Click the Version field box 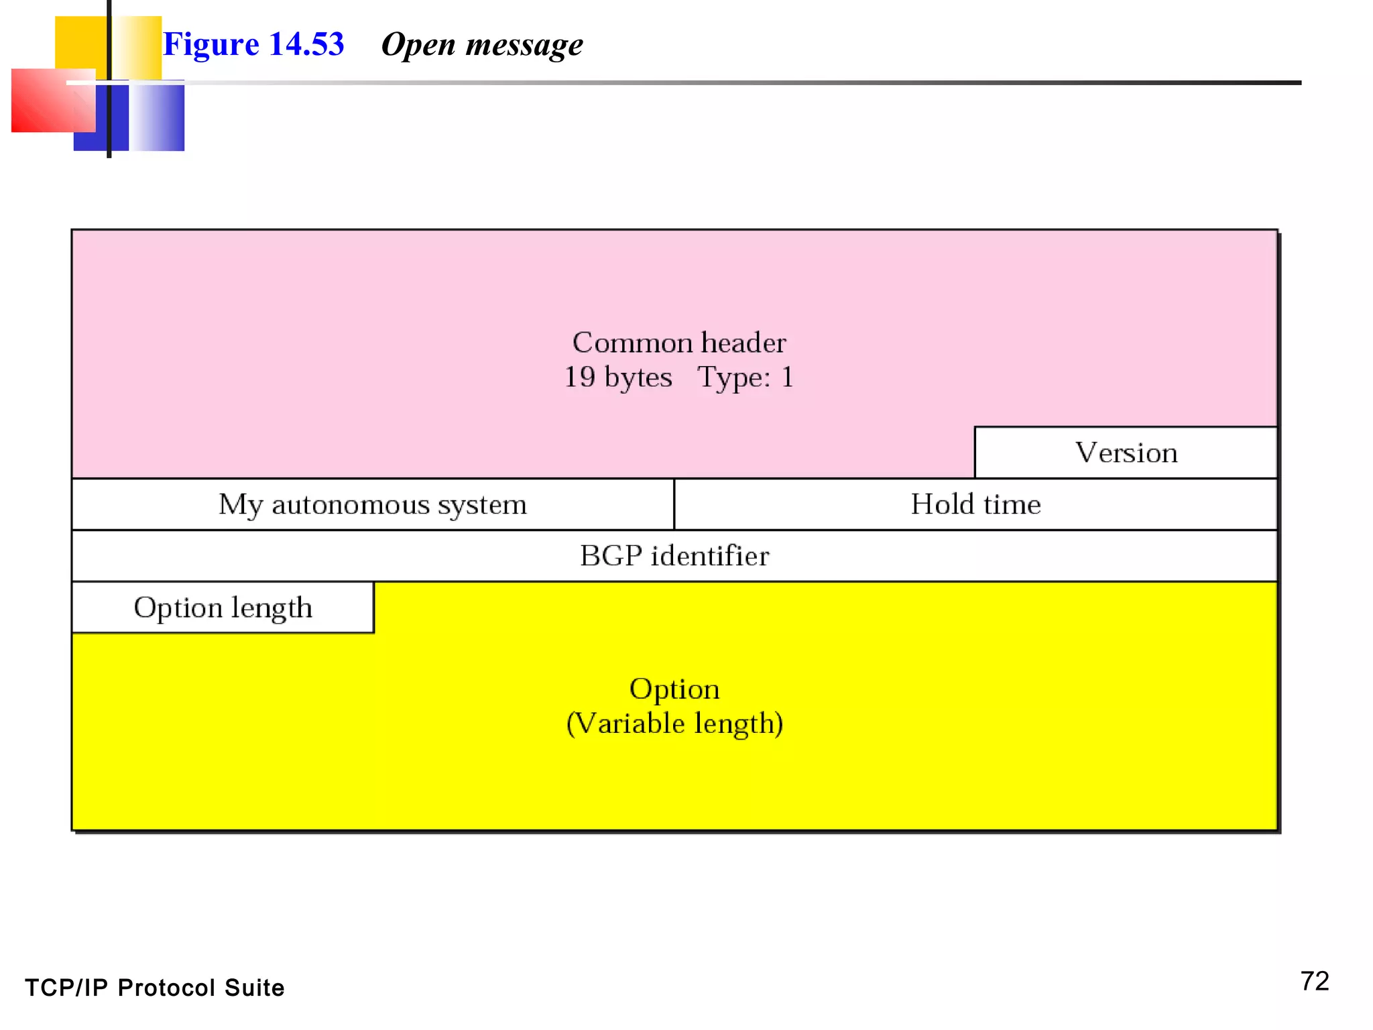(1126, 453)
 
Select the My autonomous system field (373, 504)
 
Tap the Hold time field (975, 504)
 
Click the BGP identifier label (674, 556)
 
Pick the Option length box (223, 608)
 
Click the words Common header (678, 343)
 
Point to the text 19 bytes (617, 377)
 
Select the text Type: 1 (745, 377)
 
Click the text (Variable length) (674, 724)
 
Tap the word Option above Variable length (674, 689)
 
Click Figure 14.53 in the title (253, 44)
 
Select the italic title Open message (481, 45)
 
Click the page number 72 (1314, 981)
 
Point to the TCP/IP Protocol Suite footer (155, 988)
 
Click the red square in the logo (47, 101)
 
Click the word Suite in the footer (254, 988)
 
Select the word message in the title (524, 45)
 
